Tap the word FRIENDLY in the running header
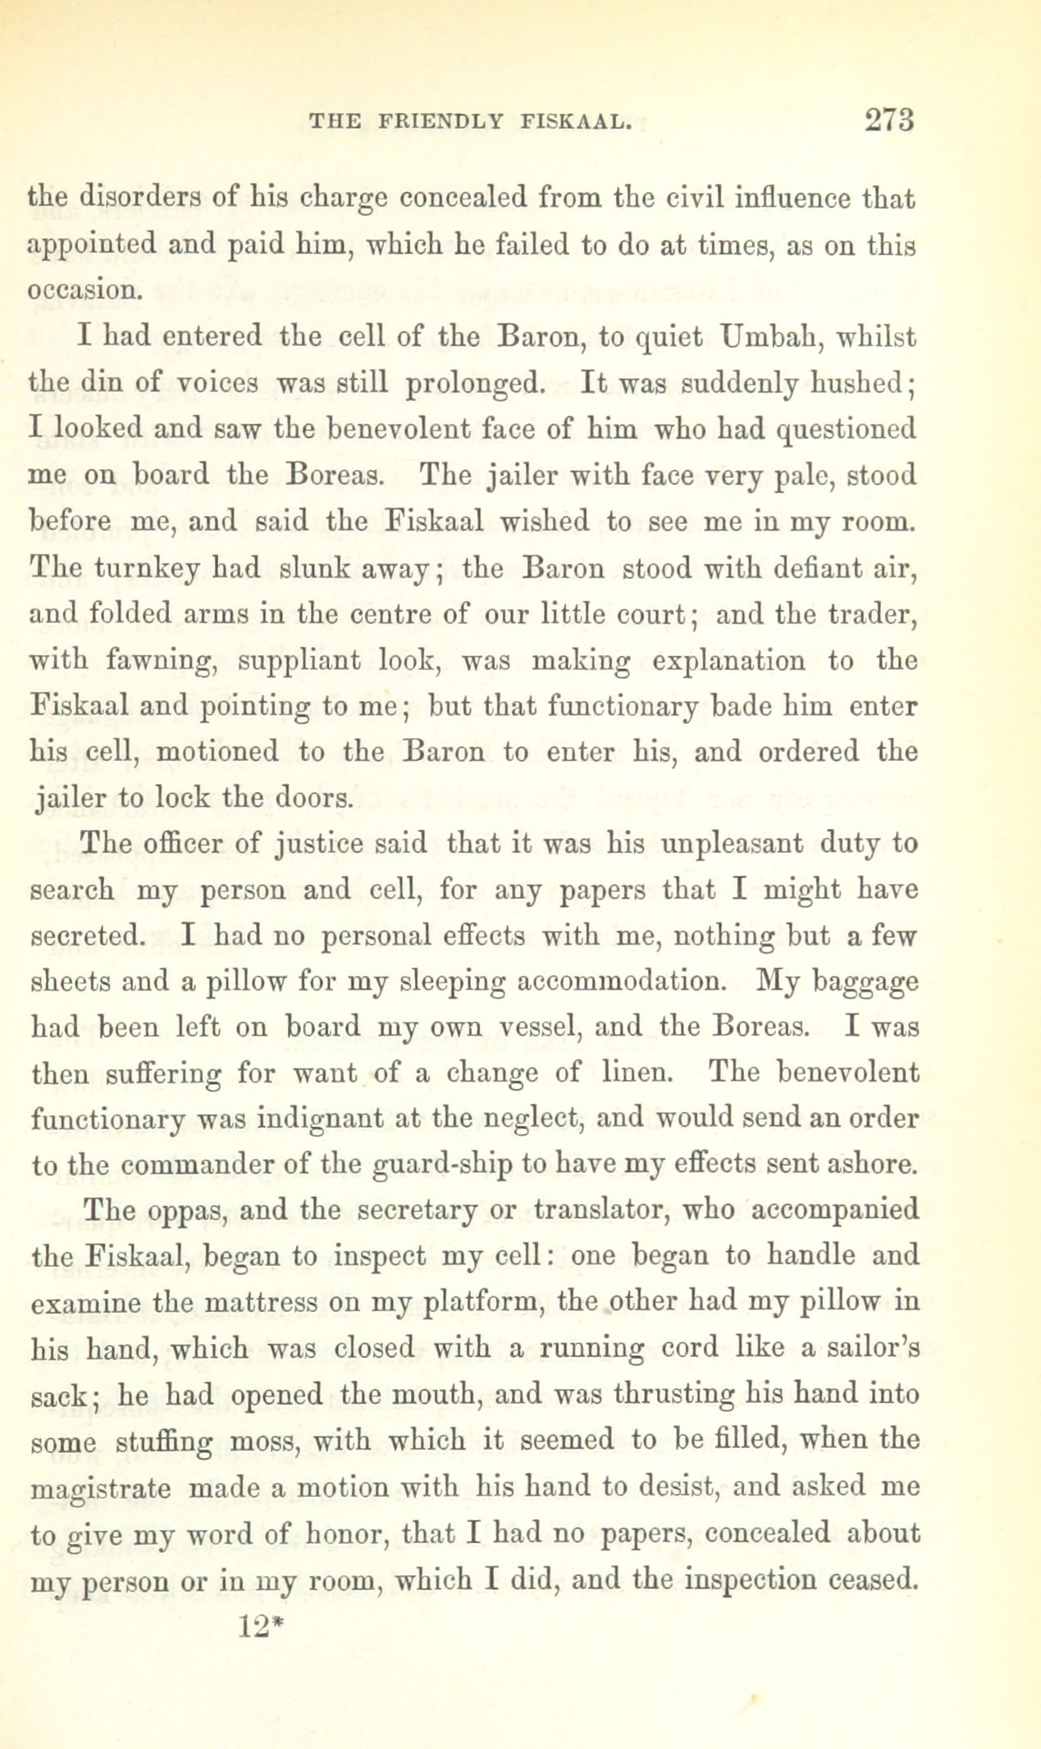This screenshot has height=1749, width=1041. (x=442, y=122)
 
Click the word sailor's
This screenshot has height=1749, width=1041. (x=863, y=1347)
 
